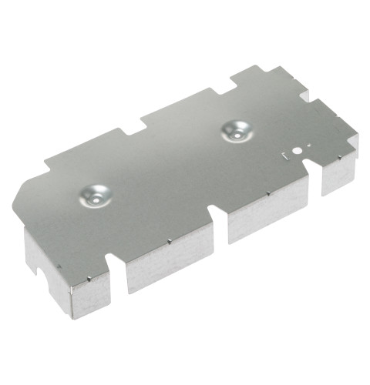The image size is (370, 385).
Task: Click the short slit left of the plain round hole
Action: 285,157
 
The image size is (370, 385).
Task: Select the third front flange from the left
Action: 266,212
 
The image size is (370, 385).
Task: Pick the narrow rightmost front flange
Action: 338,174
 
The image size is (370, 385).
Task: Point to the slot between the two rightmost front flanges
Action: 314,185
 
